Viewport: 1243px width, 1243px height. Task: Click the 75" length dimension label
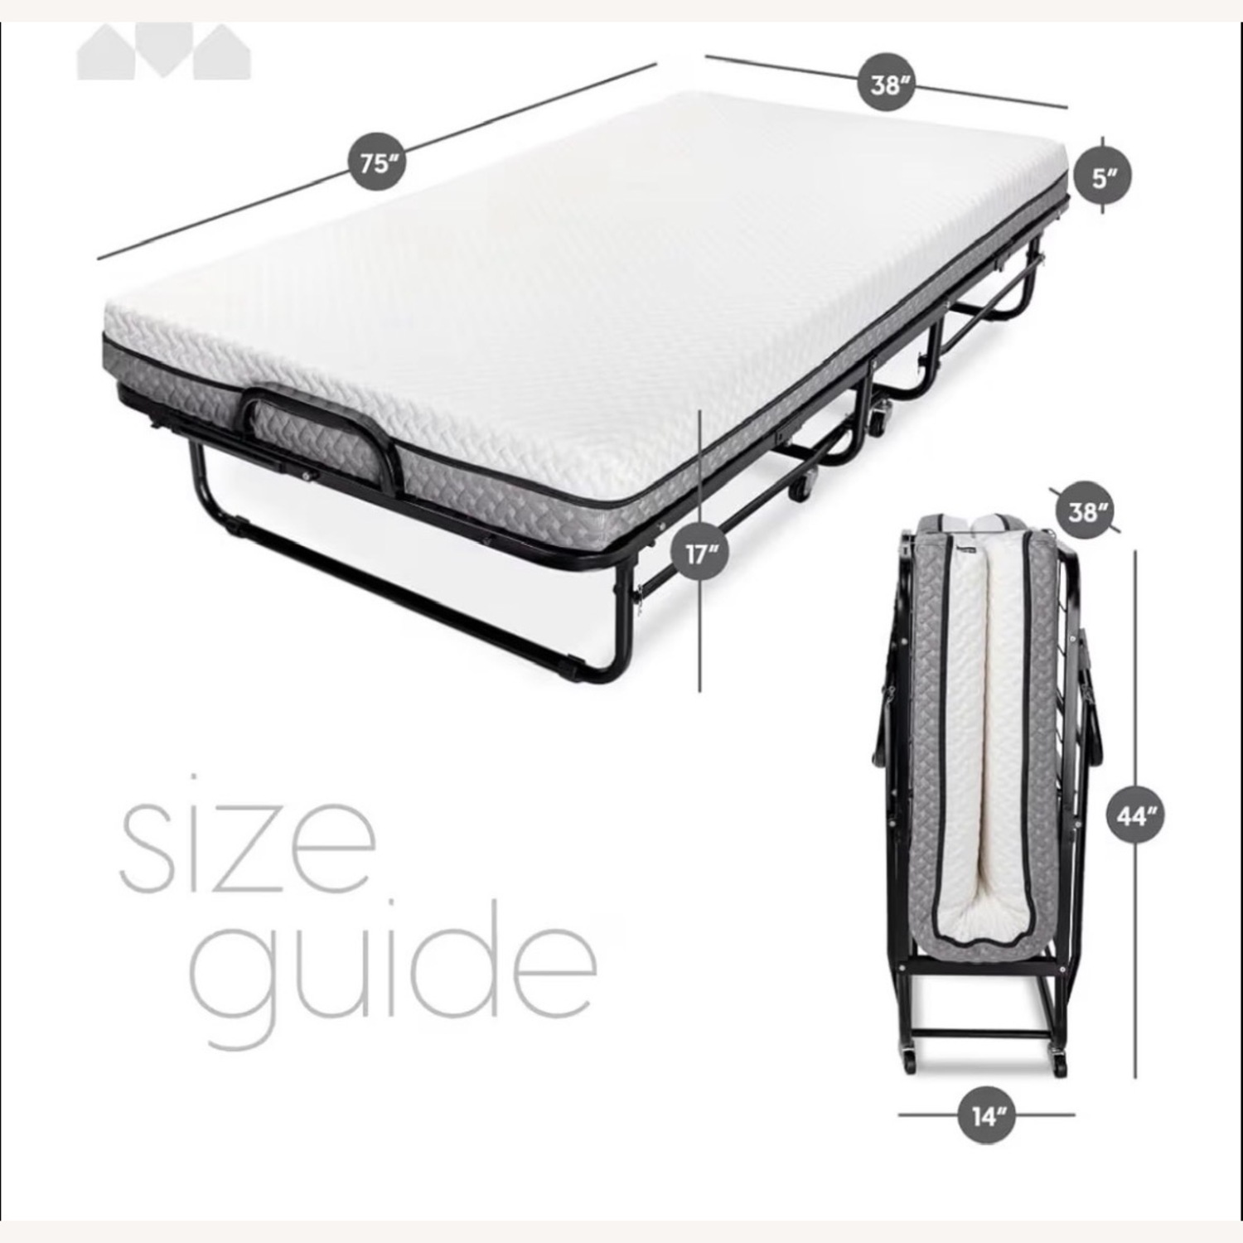pos(376,162)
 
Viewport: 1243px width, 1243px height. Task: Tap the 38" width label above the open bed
pos(886,84)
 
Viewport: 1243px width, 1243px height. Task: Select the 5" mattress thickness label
pos(1102,176)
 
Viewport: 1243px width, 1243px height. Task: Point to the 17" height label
pos(700,553)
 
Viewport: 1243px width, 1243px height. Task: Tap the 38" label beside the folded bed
pos(1083,511)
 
